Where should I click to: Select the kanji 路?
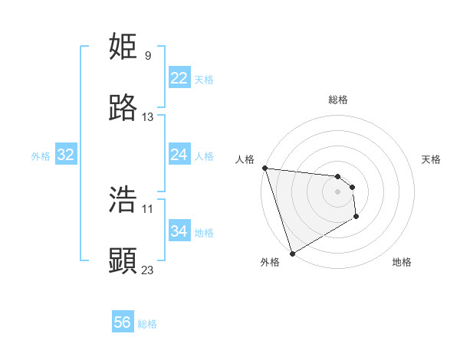[x=123, y=109]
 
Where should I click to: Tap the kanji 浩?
[x=123, y=200]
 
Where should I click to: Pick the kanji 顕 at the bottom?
[x=123, y=261]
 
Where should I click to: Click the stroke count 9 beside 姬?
[x=148, y=56]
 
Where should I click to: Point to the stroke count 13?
[x=148, y=117]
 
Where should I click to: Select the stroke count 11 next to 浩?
[x=148, y=208]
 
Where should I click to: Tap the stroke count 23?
[x=148, y=270]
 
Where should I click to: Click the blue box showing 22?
[x=179, y=78]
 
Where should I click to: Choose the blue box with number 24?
[x=179, y=155]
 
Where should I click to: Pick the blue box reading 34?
[x=179, y=231]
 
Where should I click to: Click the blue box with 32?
[x=66, y=155]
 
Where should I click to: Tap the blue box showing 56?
[x=123, y=322]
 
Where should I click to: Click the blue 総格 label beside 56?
[x=147, y=324]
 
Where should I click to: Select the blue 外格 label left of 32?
[x=41, y=156]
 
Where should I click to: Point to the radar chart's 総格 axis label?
[x=338, y=100]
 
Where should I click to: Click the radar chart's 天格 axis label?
[x=432, y=159]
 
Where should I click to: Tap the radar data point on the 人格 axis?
[x=264, y=168]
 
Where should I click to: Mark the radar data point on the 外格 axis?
[x=292, y=253]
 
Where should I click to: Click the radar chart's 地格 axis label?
[x=402, y=262]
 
